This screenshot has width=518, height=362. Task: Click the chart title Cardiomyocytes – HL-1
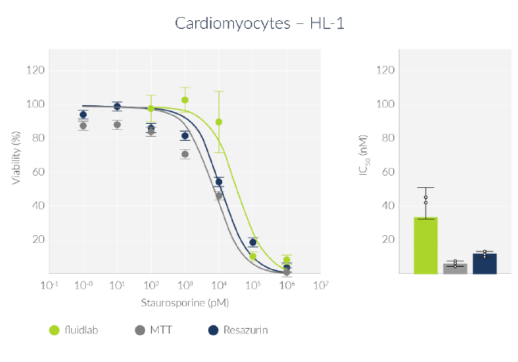[259, 23]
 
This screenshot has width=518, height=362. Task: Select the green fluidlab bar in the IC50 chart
[425, 245]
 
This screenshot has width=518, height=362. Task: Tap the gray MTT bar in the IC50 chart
[455, 268]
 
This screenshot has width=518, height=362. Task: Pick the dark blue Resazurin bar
[485, 263]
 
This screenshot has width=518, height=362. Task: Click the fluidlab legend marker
[54, 330]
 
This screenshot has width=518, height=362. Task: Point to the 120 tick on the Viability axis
[36, 70]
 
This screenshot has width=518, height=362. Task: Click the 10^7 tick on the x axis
[320, 285]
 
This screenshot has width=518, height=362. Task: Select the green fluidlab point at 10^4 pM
[219, 121]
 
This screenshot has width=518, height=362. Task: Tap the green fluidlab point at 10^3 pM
[185, 100]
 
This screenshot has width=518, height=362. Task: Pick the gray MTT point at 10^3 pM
[185, 154]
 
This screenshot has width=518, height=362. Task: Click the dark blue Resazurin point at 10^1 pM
[117, 107]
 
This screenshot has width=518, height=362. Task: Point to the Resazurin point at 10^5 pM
[252, 242]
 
